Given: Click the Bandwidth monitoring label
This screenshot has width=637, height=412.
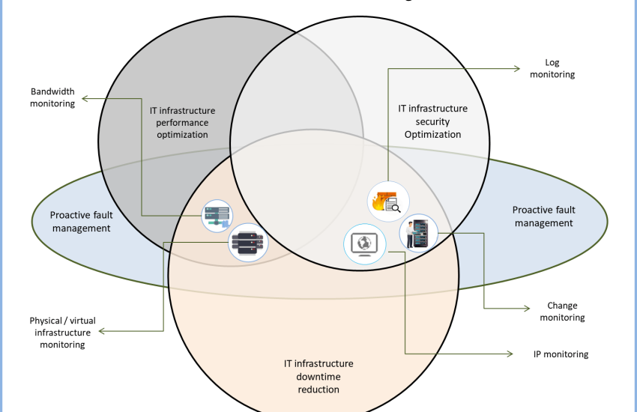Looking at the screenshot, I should (x=52, y=98).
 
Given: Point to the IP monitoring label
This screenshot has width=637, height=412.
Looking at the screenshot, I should (x=556, y=354).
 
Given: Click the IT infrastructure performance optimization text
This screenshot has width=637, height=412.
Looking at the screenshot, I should (x=178, y=122).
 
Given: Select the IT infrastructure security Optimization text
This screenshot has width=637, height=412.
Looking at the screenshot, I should (x=432, y=121).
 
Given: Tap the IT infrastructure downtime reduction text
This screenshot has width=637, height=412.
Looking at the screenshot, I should (x=318, y=376).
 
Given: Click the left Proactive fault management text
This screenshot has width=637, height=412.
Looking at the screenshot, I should (x=81, y=221).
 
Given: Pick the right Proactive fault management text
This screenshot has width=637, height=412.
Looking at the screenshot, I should (x=543, y=216).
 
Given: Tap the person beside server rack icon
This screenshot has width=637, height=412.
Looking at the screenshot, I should (x=418, y=232).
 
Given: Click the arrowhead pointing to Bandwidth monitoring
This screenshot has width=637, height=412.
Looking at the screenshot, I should (x=85, y=98).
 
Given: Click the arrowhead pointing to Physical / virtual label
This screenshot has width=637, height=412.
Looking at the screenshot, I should (x=100, y=330).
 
